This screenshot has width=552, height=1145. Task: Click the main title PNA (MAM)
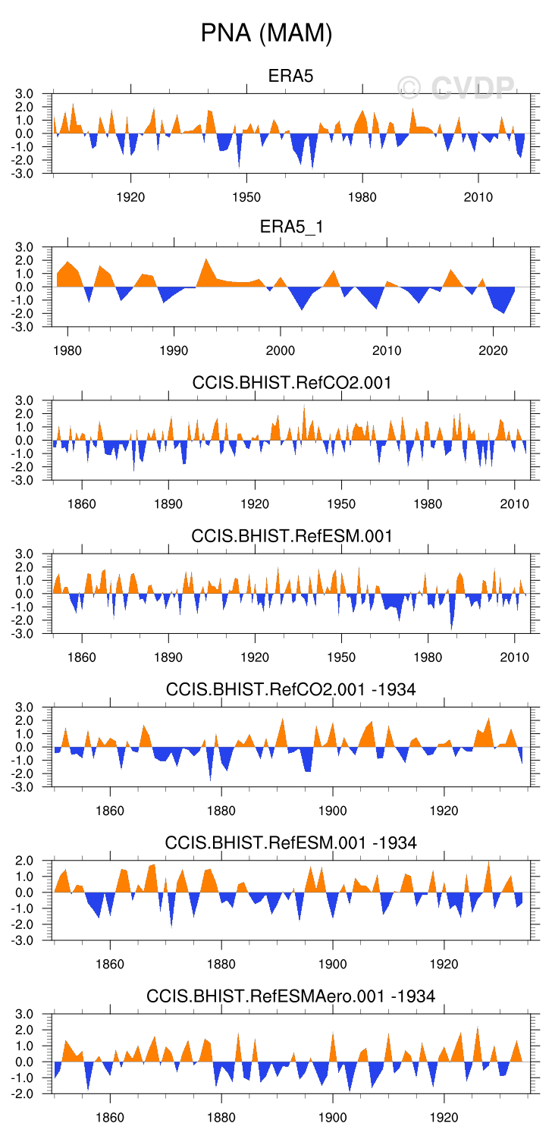(266, 33)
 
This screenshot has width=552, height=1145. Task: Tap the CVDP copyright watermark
(456, 88)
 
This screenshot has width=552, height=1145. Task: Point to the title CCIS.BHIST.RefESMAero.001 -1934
(291, 996)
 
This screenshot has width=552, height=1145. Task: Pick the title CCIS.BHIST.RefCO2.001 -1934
(291, 689)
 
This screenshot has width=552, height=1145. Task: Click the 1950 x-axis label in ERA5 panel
(246, 198)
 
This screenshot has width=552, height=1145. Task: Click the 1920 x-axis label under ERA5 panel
(130, 198)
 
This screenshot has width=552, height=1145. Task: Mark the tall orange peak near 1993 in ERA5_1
(206, 262)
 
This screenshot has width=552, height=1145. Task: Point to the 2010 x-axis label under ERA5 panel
(478, 198)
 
